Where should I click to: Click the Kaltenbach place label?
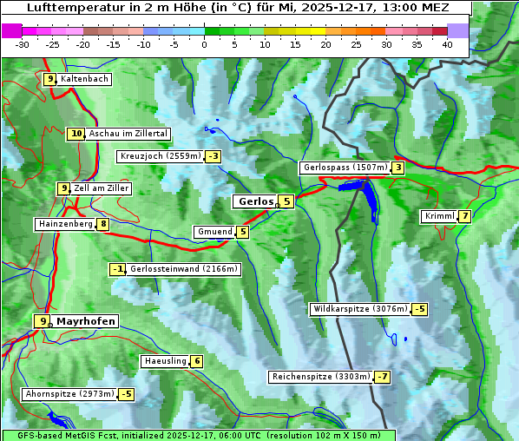click(x=84, y=79)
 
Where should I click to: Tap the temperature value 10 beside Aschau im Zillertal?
click(x=76, y=134)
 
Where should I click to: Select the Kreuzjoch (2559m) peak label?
click(x=160, y=156)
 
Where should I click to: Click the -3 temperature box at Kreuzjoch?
click(x=213, y=156)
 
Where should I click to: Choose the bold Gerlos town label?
click(x=255, y=201)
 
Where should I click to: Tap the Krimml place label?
click(x=439, y=216)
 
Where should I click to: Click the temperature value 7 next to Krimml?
click(x=465, y=216)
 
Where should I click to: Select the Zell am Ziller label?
click(x=102, y=188)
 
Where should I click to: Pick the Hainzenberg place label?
click(x=64, y=224)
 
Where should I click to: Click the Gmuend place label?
click(x=214, y=232)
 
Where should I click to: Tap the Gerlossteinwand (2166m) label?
click(x=183, y=269)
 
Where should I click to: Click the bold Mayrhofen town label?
click(x=85, y=321)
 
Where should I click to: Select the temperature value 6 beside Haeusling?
click(x=197, y=361)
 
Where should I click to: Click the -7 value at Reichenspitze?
click(x=382, y=377)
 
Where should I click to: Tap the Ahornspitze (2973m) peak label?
click(x=69, y=394)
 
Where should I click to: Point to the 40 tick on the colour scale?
click(x=447, y=43)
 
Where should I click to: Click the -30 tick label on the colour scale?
click(x=23, y=43)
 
